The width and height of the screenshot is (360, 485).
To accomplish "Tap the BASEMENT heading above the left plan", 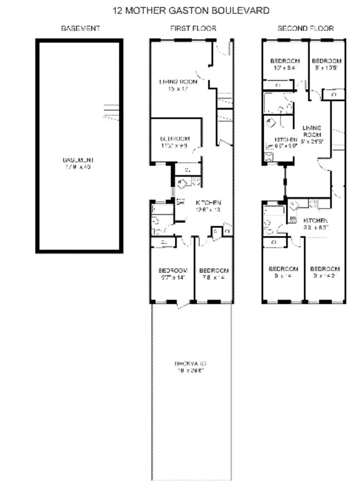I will (x=80, y=28).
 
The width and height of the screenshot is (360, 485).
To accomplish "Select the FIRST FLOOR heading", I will (x=193, y=28).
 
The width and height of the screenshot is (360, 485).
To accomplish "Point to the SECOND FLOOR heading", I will (x=305, y=28).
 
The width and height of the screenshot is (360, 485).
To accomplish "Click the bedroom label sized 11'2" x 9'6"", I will (x=175, y=142).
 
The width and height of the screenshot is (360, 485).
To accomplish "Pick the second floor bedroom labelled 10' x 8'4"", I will (x=285, y=64).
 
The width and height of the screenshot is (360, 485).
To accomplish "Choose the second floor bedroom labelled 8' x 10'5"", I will (x=325, y=64).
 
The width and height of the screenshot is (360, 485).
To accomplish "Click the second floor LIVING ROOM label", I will (x=312, y=134).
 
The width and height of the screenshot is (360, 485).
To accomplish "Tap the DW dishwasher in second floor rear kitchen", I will (x=293, y=218).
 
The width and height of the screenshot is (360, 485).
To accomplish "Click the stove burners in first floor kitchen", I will (x=196, y=181).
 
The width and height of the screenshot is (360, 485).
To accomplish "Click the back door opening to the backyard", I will (x=182, y=305).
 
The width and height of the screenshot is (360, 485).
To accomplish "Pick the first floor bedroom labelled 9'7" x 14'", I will (x=173, y=274).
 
